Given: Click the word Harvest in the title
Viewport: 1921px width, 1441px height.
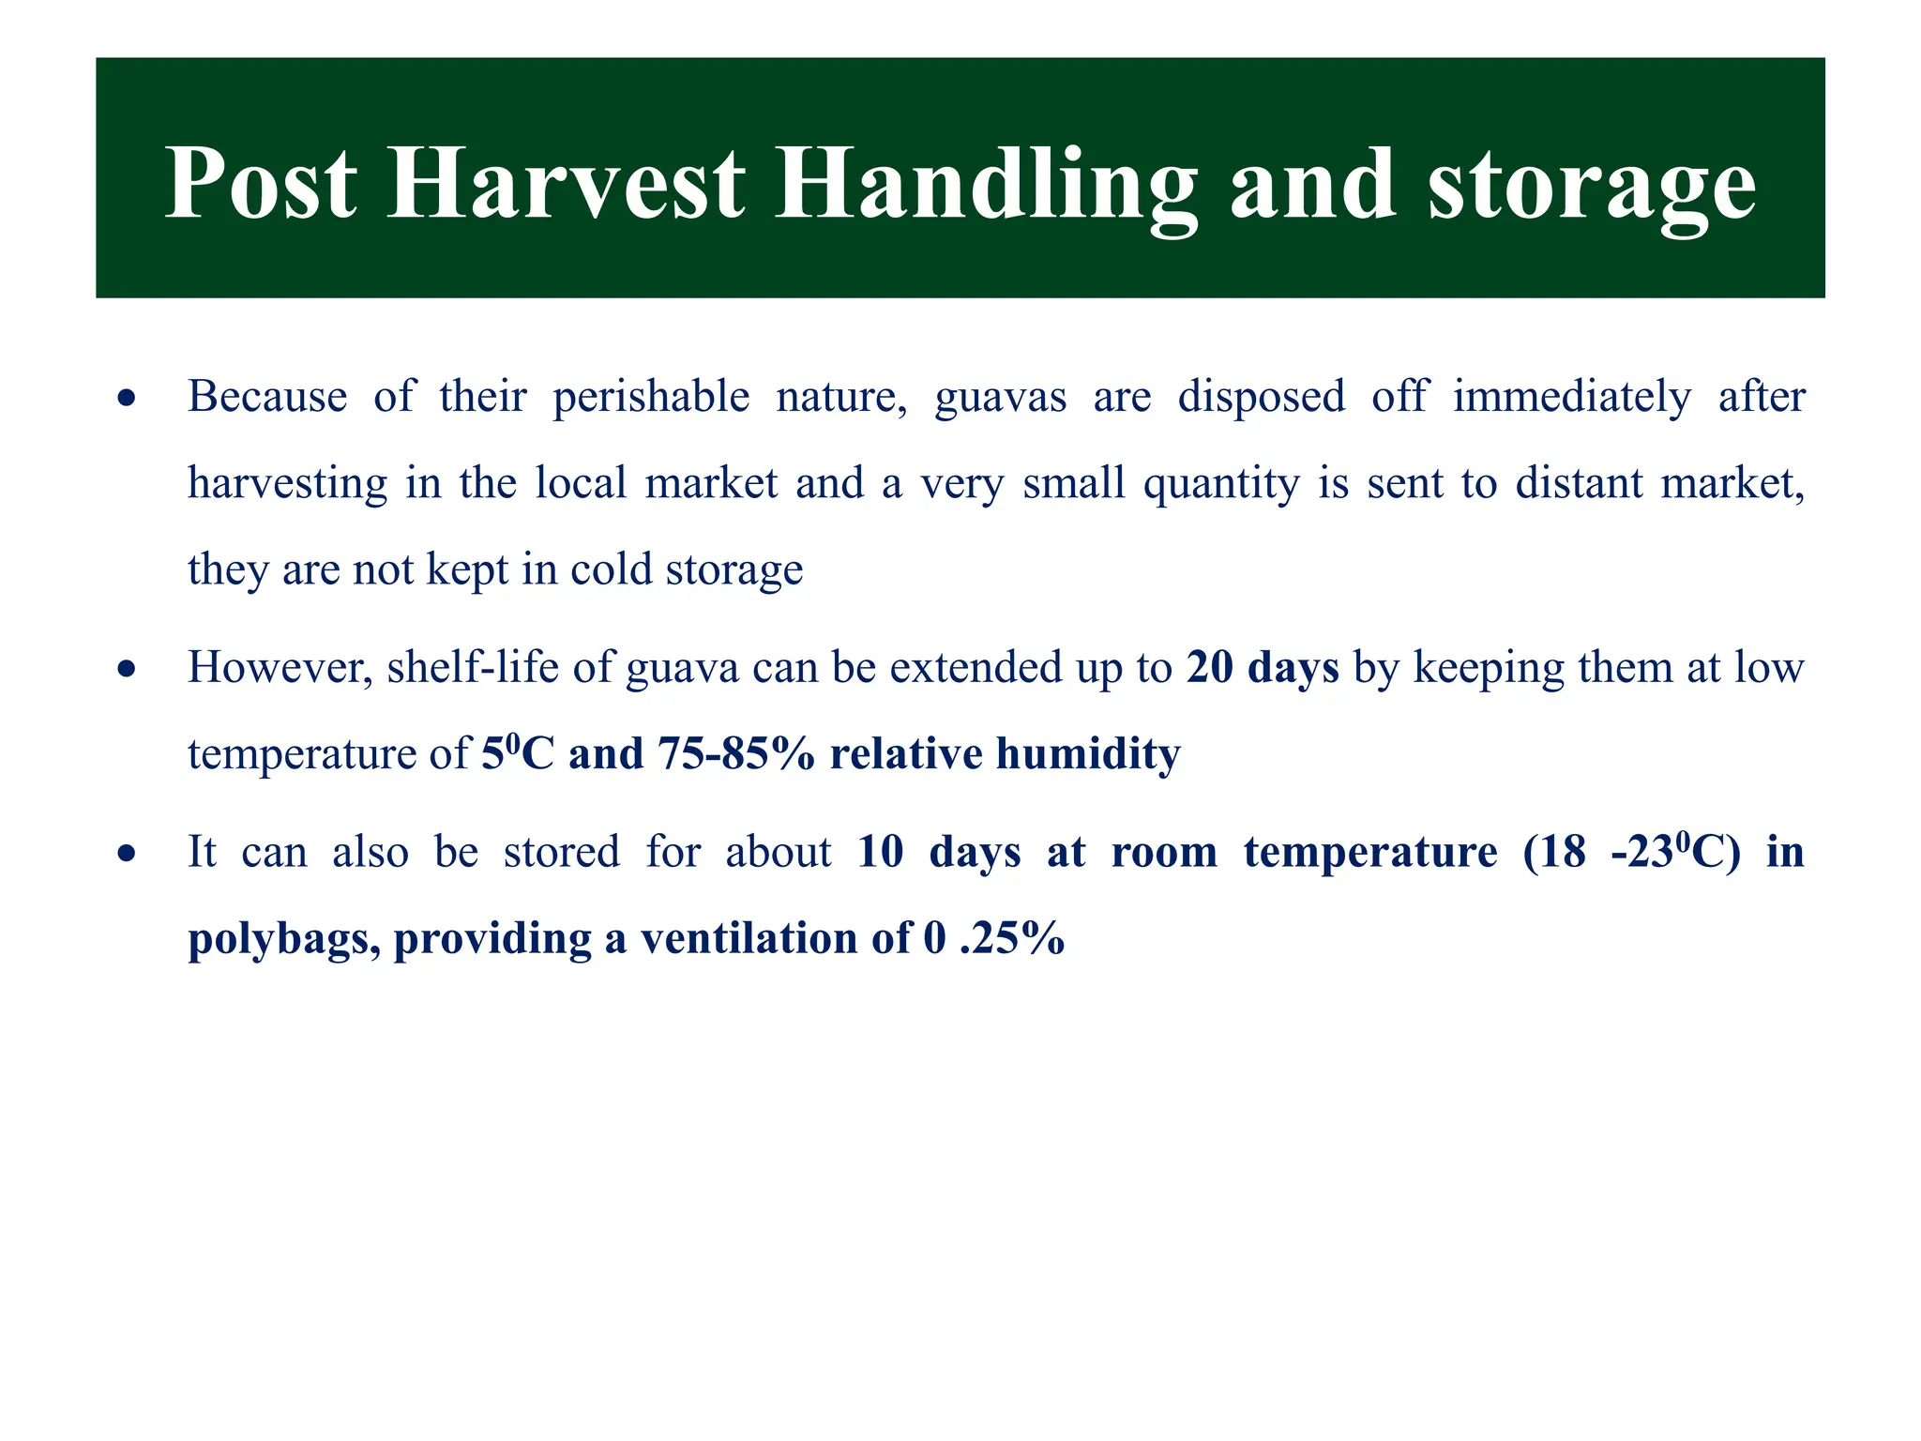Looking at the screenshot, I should coord(566,184).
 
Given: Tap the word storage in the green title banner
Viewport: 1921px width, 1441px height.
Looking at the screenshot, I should coord(1592,184).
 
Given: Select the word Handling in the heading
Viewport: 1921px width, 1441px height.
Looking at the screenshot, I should coord(985,184).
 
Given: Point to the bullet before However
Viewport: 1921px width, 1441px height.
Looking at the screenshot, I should coord(127,670).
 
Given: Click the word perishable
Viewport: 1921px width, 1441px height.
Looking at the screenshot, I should coord(651,397).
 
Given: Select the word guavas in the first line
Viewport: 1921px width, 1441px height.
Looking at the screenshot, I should coord(1000,397).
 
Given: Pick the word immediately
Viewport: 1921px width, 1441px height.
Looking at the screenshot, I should coord(1572,397).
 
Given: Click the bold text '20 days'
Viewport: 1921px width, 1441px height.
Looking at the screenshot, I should coord(1263,668).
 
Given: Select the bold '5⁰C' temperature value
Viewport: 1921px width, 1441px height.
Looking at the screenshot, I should coord(517,754).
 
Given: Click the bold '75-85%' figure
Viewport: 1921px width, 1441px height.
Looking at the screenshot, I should coord(736,754).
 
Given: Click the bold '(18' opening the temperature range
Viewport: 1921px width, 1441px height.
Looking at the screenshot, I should coord(1553,853).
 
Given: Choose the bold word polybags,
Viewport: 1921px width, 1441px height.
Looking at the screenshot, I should coord(284,939).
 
